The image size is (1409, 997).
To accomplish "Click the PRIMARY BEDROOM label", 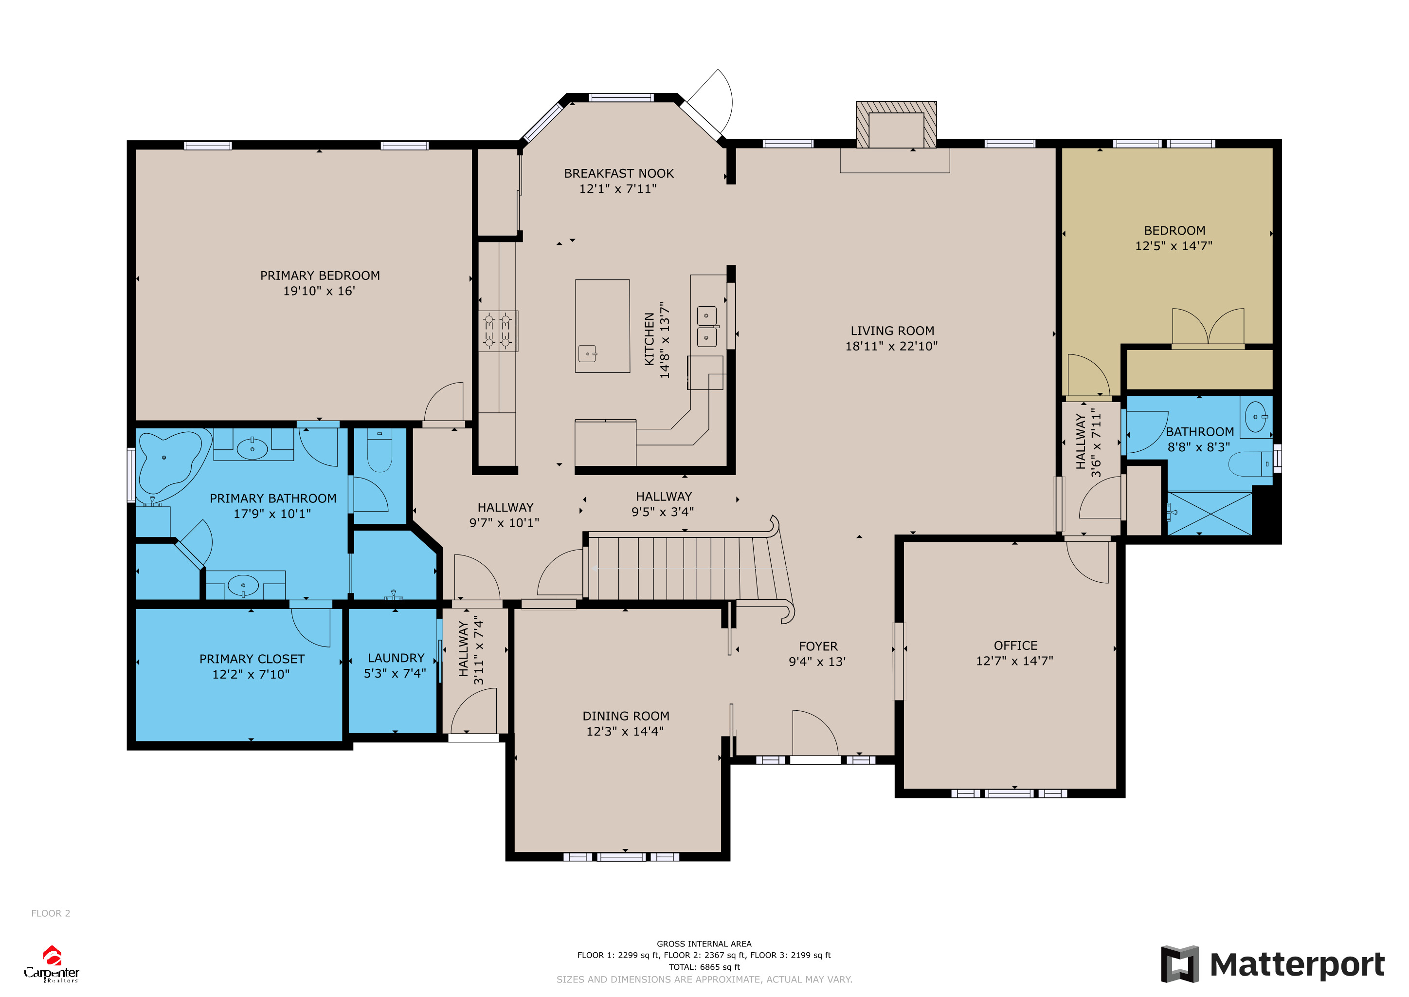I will pos(320,276).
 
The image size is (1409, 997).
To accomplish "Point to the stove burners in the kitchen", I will pos(498,330).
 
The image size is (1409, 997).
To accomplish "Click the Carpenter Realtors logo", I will pos(52,964).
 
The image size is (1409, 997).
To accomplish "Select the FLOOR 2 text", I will pos(51,913).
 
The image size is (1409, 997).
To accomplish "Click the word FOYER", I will pos(818,646).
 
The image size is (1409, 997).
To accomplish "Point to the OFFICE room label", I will pos(1015,646).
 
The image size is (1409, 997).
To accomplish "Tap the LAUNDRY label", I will pos(396,658).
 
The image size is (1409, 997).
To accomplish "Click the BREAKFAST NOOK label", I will pos(618,174).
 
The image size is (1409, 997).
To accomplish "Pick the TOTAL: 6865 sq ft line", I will pos(704,967).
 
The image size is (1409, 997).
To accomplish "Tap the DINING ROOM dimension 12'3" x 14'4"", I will pos(625,731).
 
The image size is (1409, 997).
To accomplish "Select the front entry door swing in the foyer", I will pos(815,734).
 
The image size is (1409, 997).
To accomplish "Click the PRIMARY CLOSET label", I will pos(252,659).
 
